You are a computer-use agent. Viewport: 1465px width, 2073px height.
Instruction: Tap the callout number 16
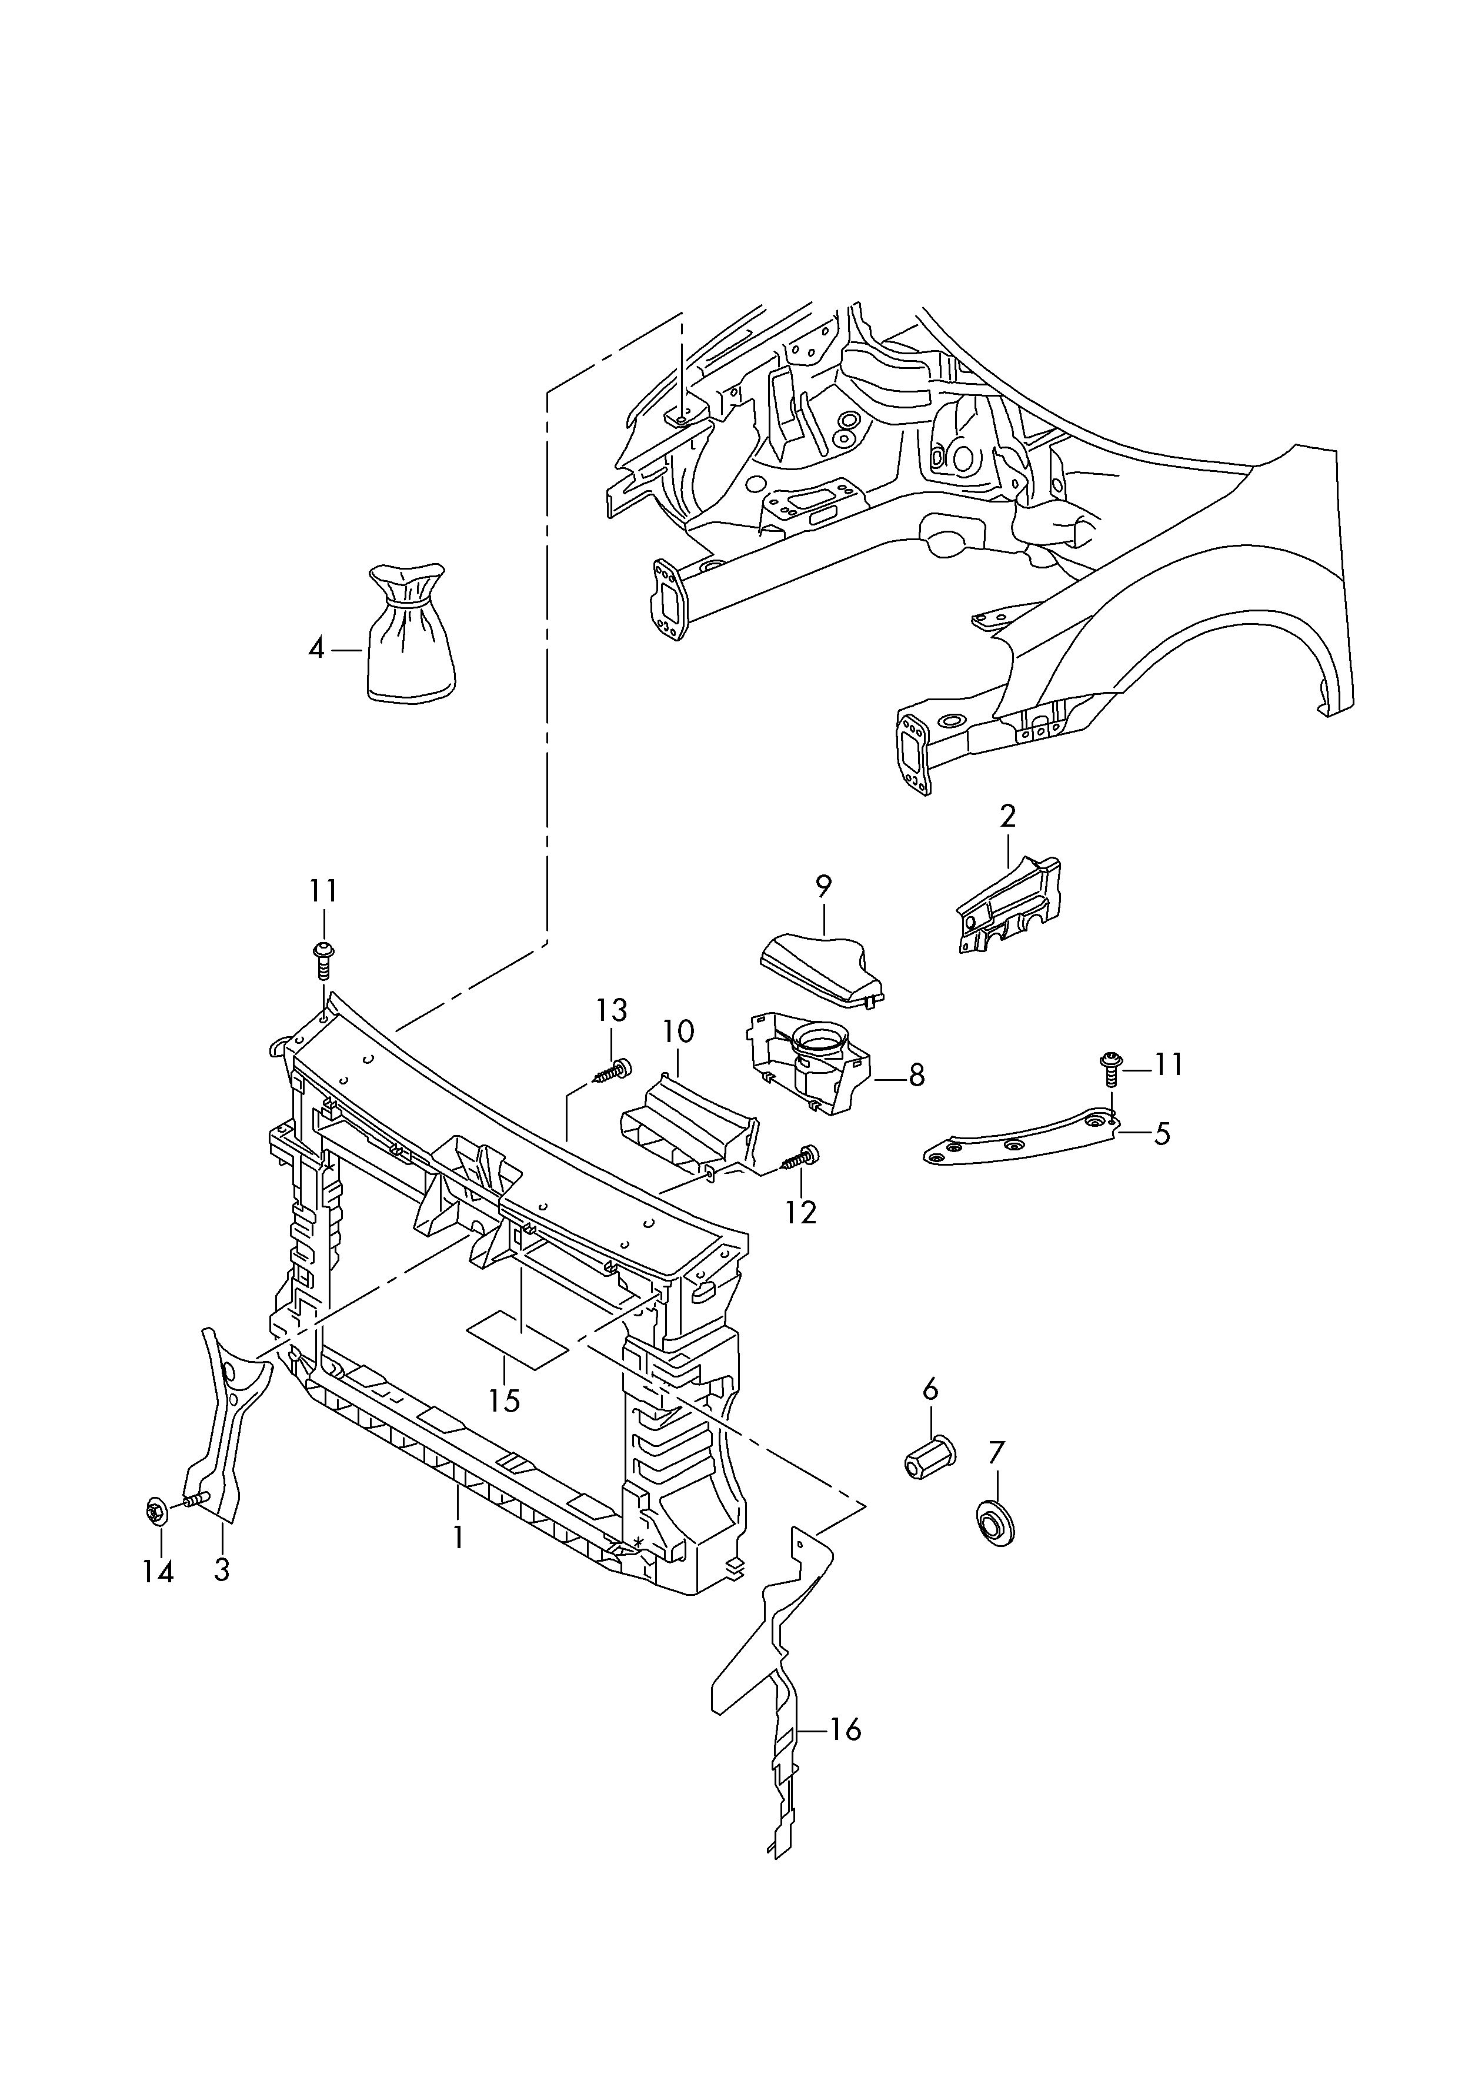pyautogui.click(x=846, y=1730)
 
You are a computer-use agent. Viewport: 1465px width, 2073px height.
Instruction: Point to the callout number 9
pyautogui.click(x=823, y=887)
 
